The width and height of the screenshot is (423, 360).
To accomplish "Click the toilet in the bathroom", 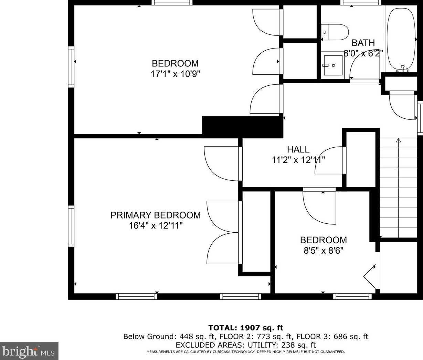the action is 335,32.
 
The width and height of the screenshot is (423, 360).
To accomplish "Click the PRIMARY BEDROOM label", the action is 156,215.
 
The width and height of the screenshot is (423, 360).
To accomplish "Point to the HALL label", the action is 298,149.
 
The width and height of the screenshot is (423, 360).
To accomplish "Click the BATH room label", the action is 363,43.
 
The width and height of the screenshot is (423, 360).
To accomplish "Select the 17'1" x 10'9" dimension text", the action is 175,74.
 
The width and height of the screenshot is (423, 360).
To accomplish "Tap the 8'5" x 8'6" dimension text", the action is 323,250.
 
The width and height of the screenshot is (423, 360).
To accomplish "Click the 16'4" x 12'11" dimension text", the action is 156,226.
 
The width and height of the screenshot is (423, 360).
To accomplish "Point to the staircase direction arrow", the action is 398,188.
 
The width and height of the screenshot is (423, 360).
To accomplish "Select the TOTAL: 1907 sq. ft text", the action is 246,328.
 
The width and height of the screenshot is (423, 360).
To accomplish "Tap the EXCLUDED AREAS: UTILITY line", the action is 246,345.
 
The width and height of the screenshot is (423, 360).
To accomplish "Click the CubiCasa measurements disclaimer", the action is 246,352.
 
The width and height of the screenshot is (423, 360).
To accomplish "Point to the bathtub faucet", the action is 403,69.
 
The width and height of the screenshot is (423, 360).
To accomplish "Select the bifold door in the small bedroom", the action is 370,277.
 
